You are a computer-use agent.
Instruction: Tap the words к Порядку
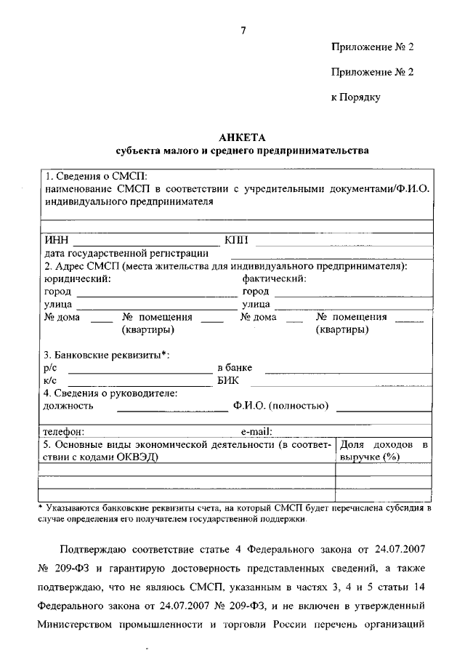[x=355, y=96]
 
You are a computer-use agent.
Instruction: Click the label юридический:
[x=77, y=278]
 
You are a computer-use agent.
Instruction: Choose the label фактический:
[x=274, y=278]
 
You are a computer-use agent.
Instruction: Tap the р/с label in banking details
[x=51, y=368]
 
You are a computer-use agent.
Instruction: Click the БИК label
[x=227, y=380]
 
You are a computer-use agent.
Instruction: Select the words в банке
[x=235, y=368]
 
